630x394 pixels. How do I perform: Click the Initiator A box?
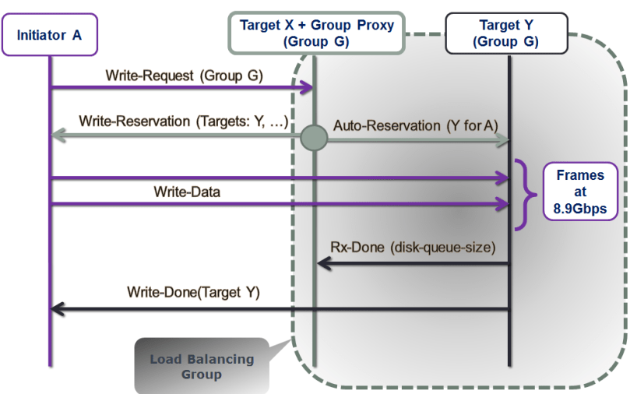pyautogui.click(x=49, y=35)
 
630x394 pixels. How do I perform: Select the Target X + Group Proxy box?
pyautogui.click(x=316, y=33)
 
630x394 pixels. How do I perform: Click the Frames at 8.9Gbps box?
pyautogui.click(x=579, y=192)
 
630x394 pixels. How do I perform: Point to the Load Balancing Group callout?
pyautogui.click(x=202, y=366)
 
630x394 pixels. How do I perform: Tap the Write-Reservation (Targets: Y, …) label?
pyautogui.click(x=184, y=122)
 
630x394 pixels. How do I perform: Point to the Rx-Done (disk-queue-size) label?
pyautogui.click(x=413, y=248)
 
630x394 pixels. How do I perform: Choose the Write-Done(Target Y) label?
pyautogui.click(x=193, y=293)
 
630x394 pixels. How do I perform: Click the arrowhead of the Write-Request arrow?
pyautogui.click(x=308, y=89)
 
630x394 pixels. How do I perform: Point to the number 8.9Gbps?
pyautogui.click(x=579, y=208)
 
